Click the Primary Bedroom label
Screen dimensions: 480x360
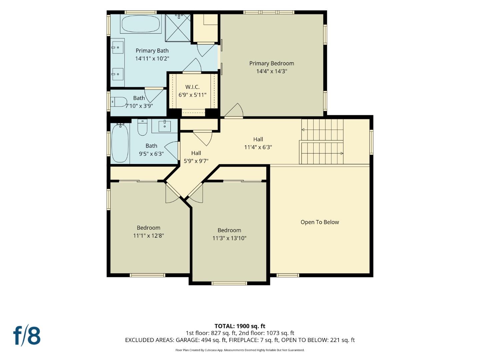[x=271, y=63]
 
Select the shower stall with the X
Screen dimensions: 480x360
[x=178, y=28]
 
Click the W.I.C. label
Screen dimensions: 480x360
[x=192, y=87]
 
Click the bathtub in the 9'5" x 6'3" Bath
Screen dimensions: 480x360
[x=120, y=143]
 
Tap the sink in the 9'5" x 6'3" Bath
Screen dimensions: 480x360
[x=164, y=126]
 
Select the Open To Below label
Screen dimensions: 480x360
[x=319, y=222]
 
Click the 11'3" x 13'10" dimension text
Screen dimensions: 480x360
[x=229, y=238]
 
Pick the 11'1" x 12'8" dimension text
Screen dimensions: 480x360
[x=148, y=236]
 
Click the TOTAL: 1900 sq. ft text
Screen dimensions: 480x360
[x=240, y=326]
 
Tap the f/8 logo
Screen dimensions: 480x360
[x=27, y=336]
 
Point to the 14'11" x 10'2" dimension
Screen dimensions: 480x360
[x=152, y=59]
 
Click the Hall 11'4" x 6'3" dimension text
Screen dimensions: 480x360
[x=258, y=147]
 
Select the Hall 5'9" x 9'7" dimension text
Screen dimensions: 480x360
[x=196, y=161]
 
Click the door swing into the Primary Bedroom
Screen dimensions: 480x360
[x=234, y=111]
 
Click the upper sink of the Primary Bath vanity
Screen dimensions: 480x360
[x=117, y=47]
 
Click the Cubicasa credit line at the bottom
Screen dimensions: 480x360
[x=240, y=350]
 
